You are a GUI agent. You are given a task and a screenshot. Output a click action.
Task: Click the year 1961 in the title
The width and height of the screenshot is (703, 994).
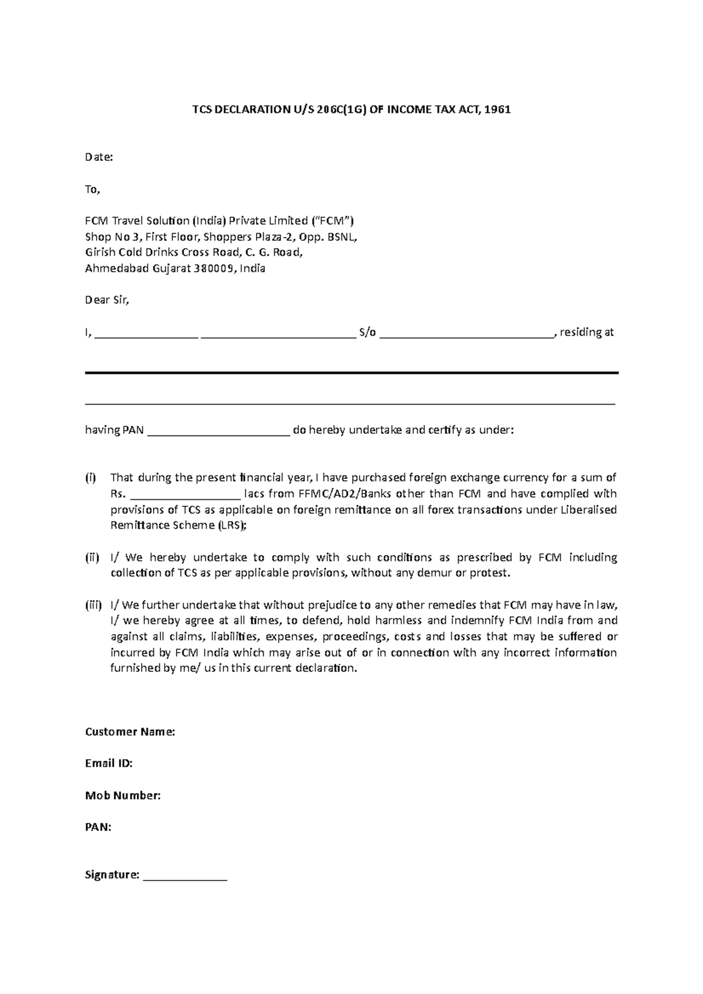pos(499,109)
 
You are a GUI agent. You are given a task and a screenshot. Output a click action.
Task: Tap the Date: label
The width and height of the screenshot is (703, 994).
pos(98,157)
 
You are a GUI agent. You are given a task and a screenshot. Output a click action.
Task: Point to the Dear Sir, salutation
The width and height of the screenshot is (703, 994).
pos(107,300)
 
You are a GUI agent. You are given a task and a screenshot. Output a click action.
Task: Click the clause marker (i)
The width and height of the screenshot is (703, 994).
pos(91,478)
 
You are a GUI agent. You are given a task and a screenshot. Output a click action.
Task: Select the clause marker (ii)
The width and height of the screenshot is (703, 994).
pos(92,557)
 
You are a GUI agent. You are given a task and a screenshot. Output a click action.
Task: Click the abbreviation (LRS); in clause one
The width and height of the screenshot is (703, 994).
pos(233,525)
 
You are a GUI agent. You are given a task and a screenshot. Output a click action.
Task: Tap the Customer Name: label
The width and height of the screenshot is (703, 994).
pos(130,732)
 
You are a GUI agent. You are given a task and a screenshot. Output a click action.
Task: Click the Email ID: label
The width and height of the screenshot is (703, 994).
pos(109,763)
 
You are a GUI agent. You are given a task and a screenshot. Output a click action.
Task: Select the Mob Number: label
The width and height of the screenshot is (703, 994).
pos(123,796)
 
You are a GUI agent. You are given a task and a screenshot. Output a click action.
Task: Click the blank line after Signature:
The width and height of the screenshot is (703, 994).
pos(185,876)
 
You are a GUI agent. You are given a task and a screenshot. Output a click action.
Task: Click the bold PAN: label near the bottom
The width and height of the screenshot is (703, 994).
pos(98,827)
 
